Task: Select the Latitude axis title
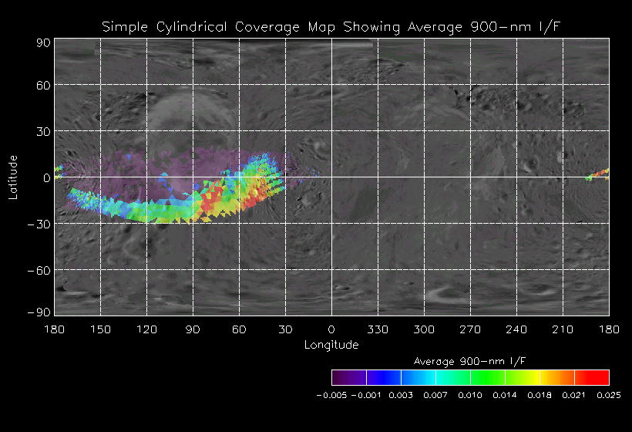(x=13, y=177)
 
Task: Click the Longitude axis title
(x=331, y=345)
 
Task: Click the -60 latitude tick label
(x=39, y=270)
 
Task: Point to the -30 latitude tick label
(x=39, y=224)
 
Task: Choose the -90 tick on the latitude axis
(x=39, y=312)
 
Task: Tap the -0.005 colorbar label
(x=332, y=394)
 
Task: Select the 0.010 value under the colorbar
(x=470, y=394)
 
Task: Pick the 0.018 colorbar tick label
(x=540, y=394)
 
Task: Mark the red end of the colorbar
(x=601, y=377)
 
